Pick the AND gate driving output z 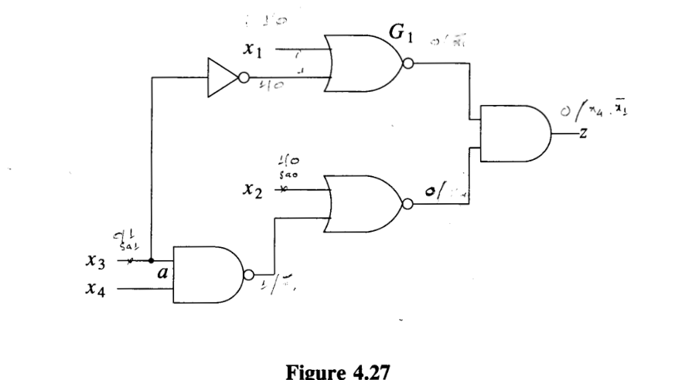(x=514, y=133)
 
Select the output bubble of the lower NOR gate (x=408, y=204)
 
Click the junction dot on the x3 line (x=151, y=261)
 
